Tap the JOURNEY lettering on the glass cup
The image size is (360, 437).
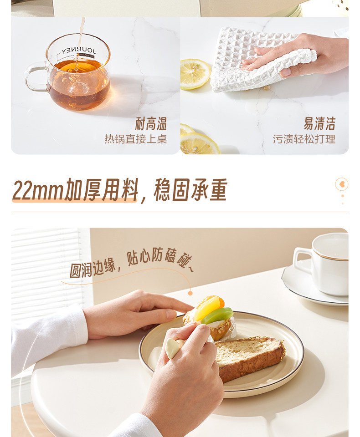79,51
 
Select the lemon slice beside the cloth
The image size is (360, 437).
195,74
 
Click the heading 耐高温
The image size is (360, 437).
151,124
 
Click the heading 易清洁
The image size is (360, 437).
319,124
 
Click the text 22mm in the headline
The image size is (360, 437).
38,191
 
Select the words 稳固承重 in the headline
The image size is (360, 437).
190,190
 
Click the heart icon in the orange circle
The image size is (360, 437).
342,184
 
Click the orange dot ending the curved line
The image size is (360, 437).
190,293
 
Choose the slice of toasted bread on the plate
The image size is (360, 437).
248,357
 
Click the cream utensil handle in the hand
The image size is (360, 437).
173,347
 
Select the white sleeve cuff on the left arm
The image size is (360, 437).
75,323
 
